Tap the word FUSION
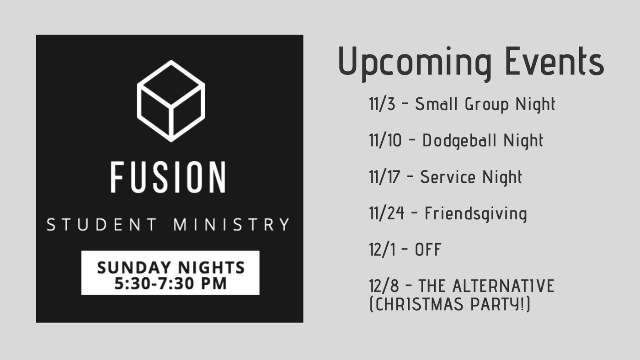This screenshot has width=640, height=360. (169, 177)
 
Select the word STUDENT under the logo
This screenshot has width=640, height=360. (102, 224)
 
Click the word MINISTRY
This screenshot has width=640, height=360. (232, 224)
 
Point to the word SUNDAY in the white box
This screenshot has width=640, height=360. (134, 268)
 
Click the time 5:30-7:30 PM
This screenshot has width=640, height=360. (171, 284)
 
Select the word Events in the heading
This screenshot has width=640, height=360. (555, 61)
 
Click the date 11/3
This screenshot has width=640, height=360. (382, 104)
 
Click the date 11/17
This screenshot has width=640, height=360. (384, 177)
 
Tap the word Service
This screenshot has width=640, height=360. (448, 177)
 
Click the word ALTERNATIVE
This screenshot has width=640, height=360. (503, 286)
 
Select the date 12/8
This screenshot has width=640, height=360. (384, 286)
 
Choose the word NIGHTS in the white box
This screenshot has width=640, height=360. (211, 268)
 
